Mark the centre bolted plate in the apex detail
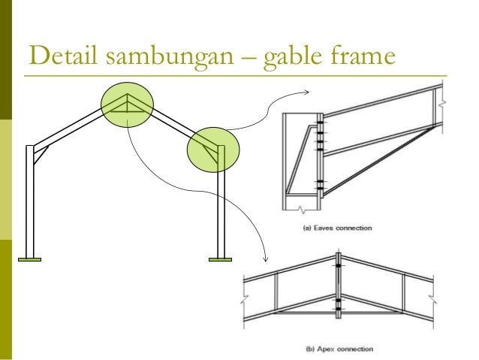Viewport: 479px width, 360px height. pyautogui.click(x=338, y=286)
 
